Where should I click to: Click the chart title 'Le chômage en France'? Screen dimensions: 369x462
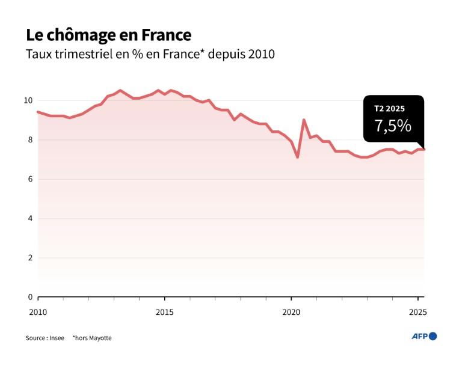pos(108,34)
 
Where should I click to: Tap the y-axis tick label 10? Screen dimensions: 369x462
pos(28,100)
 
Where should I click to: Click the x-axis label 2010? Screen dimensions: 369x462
pos(38,312)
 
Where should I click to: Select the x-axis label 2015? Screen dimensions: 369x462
pos(165,312)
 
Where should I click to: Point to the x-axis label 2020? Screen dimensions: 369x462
pos(291,312)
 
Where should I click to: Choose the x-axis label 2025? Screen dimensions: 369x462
pos(417,312)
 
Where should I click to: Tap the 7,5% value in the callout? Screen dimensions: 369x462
pos(393,126)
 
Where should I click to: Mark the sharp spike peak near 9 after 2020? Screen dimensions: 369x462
pos(304,120)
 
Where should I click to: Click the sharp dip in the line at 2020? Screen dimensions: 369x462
pos(297,157)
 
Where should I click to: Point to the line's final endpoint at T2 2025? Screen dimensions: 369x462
pos(423,150)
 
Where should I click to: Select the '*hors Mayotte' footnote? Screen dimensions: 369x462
pos(92,338)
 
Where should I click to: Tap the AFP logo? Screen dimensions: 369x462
pos(424,336)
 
